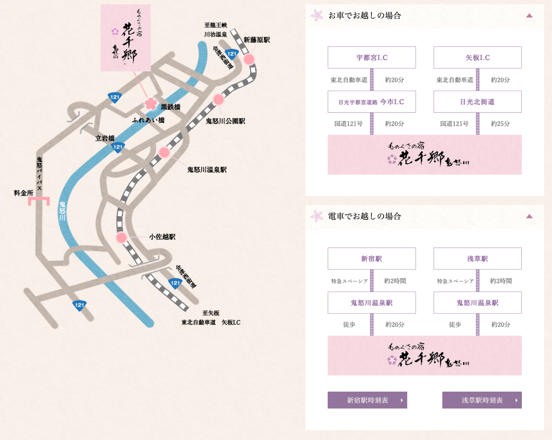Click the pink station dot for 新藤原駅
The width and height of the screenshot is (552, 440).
pyautogui.click(x=249, y=59)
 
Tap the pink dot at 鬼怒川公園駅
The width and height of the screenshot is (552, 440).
pyautogui.click(x=218, y=99)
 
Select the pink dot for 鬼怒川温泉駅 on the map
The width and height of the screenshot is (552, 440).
pyautogui.click(x=164, y=152)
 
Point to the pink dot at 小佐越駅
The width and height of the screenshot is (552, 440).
pyautogui.click(x=121, y=237)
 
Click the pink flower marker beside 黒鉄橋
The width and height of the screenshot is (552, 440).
pyautogui.click(x=151, y=103)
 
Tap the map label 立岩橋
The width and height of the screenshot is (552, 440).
pyautogui.click(x=105, y=138)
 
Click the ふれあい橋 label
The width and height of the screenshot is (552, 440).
pyautogui.click(x=148, y=120)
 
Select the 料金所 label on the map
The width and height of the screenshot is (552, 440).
pyautogui.click(x=24, y=193)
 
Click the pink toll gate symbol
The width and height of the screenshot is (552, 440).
pyautogui.click(x=39, y=201)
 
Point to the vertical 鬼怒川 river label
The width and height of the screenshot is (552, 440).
pyautogui.click(x=62, y=211)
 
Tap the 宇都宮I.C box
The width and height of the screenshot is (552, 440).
pyautogui.click(x=371, y=58)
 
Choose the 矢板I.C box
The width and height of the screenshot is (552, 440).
pyautogui.click(x=477, y=58)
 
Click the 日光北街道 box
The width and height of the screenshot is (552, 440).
pyautogui.click(x=477, y=102)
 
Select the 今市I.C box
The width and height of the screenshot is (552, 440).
pyautogui.click(x=371, y=102)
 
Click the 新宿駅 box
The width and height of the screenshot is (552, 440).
pyautogui.click(x=371, y=259)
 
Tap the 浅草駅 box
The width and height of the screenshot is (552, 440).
pyautogui.click(x=477, y=259)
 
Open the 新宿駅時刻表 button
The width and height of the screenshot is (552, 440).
pyautogui.click(x=367, y=400)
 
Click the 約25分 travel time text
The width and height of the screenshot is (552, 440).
pyautogui.click(x=500, y=124)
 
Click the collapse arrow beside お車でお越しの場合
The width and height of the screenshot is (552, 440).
pyautogui.click(x=529, y=16)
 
